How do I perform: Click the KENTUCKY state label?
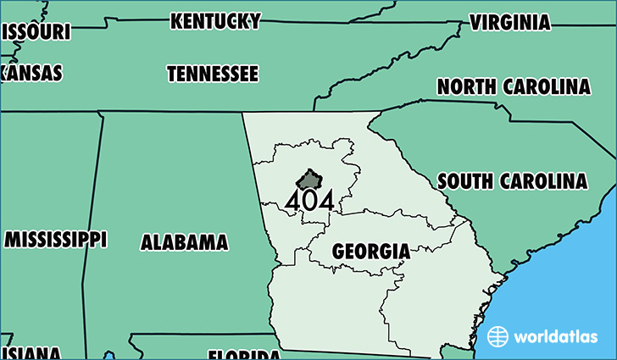point(215,21)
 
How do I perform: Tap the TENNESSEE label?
point(213,75)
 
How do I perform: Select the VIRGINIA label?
point(509,22)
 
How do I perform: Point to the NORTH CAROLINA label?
point(514,86)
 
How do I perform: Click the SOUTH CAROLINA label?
point(512,181)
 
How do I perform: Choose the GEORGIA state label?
point(371,252)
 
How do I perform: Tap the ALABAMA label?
point(185,242)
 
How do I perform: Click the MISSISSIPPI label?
point(56,239)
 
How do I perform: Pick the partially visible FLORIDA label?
point(244,354)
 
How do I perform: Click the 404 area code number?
point(308,201)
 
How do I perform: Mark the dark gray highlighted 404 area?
point(309,180)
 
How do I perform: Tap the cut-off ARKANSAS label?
point(31,73)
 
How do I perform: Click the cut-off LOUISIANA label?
point(31,353)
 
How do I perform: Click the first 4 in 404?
point(293,201)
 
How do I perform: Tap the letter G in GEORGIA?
point(338,252)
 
